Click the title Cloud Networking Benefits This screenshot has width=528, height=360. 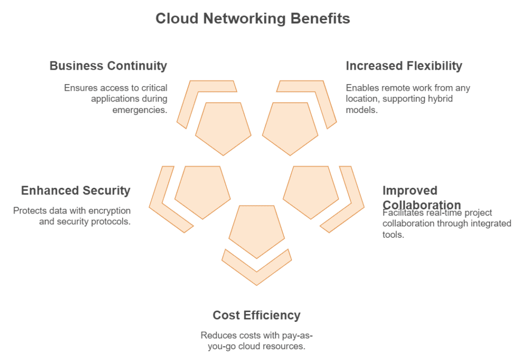(253, 19)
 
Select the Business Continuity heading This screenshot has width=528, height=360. (108, 66)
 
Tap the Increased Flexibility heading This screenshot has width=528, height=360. (404, 66)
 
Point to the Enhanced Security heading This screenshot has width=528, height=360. (75, 191)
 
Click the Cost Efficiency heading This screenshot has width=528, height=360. (256, 315)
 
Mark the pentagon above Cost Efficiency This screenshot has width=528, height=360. (256, 231)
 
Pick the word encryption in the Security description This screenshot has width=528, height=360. (105, 211)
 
